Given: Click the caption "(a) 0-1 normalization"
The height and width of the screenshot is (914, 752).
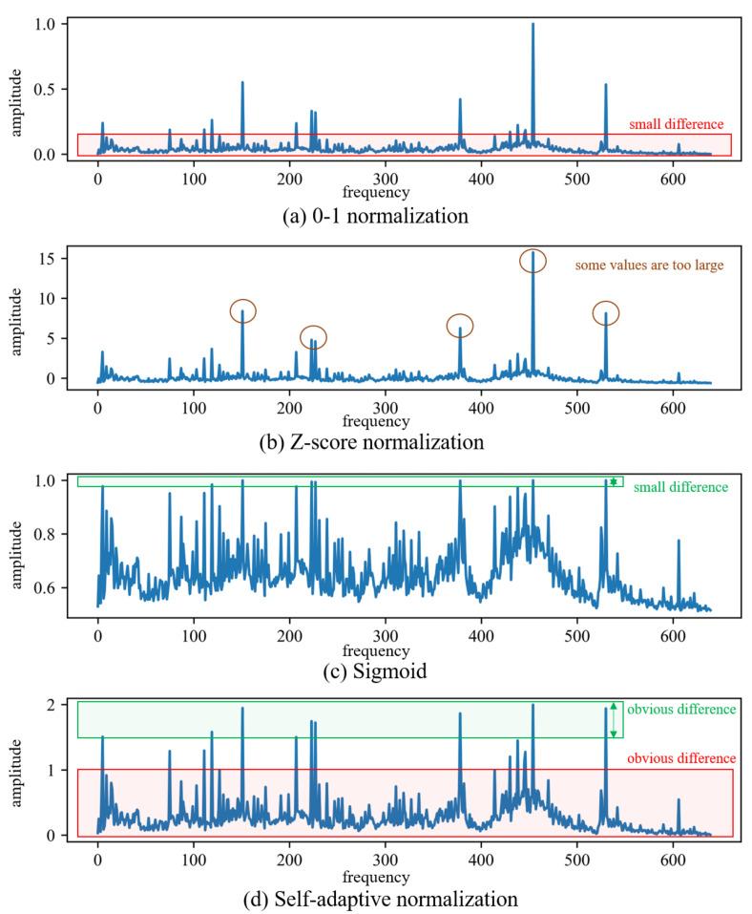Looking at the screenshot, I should (376, 216).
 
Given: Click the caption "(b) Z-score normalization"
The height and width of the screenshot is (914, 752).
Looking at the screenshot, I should (376, 442).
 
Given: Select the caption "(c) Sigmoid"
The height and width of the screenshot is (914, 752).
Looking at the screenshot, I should (376, 670).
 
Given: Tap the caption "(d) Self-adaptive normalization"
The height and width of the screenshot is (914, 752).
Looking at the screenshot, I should (376, 899).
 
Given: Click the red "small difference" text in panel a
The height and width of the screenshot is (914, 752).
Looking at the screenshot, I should (676, 124).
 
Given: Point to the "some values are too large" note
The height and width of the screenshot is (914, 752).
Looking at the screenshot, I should (649, 265).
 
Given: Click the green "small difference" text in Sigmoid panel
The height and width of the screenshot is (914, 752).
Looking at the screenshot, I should (680, 487).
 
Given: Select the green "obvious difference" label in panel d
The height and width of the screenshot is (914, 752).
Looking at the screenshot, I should (679, 710).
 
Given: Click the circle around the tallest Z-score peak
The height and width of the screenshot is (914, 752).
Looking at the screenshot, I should (533, 261).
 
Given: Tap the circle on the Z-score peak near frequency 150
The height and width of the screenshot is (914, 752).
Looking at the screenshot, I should (243, 310).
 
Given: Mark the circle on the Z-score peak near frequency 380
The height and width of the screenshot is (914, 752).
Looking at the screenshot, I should (460, 326).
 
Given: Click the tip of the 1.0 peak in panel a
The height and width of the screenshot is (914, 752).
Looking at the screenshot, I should (533, 24).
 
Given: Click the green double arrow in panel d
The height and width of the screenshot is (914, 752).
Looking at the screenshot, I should (613, 720).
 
